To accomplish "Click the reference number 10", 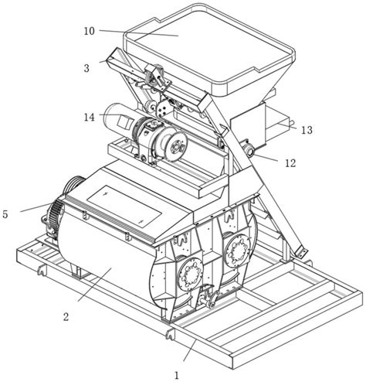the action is (x=90, y=31).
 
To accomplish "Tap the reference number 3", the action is (x=86, y=68).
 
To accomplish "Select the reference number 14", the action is (x=90, y=118).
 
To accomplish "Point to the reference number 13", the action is (x=307, y=130).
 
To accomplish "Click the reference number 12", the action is (x=290, y=163).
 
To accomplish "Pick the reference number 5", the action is (x=5, y=214).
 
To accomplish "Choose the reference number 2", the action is (x=66, y=316).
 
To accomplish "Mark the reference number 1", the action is (x=177, y=375).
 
